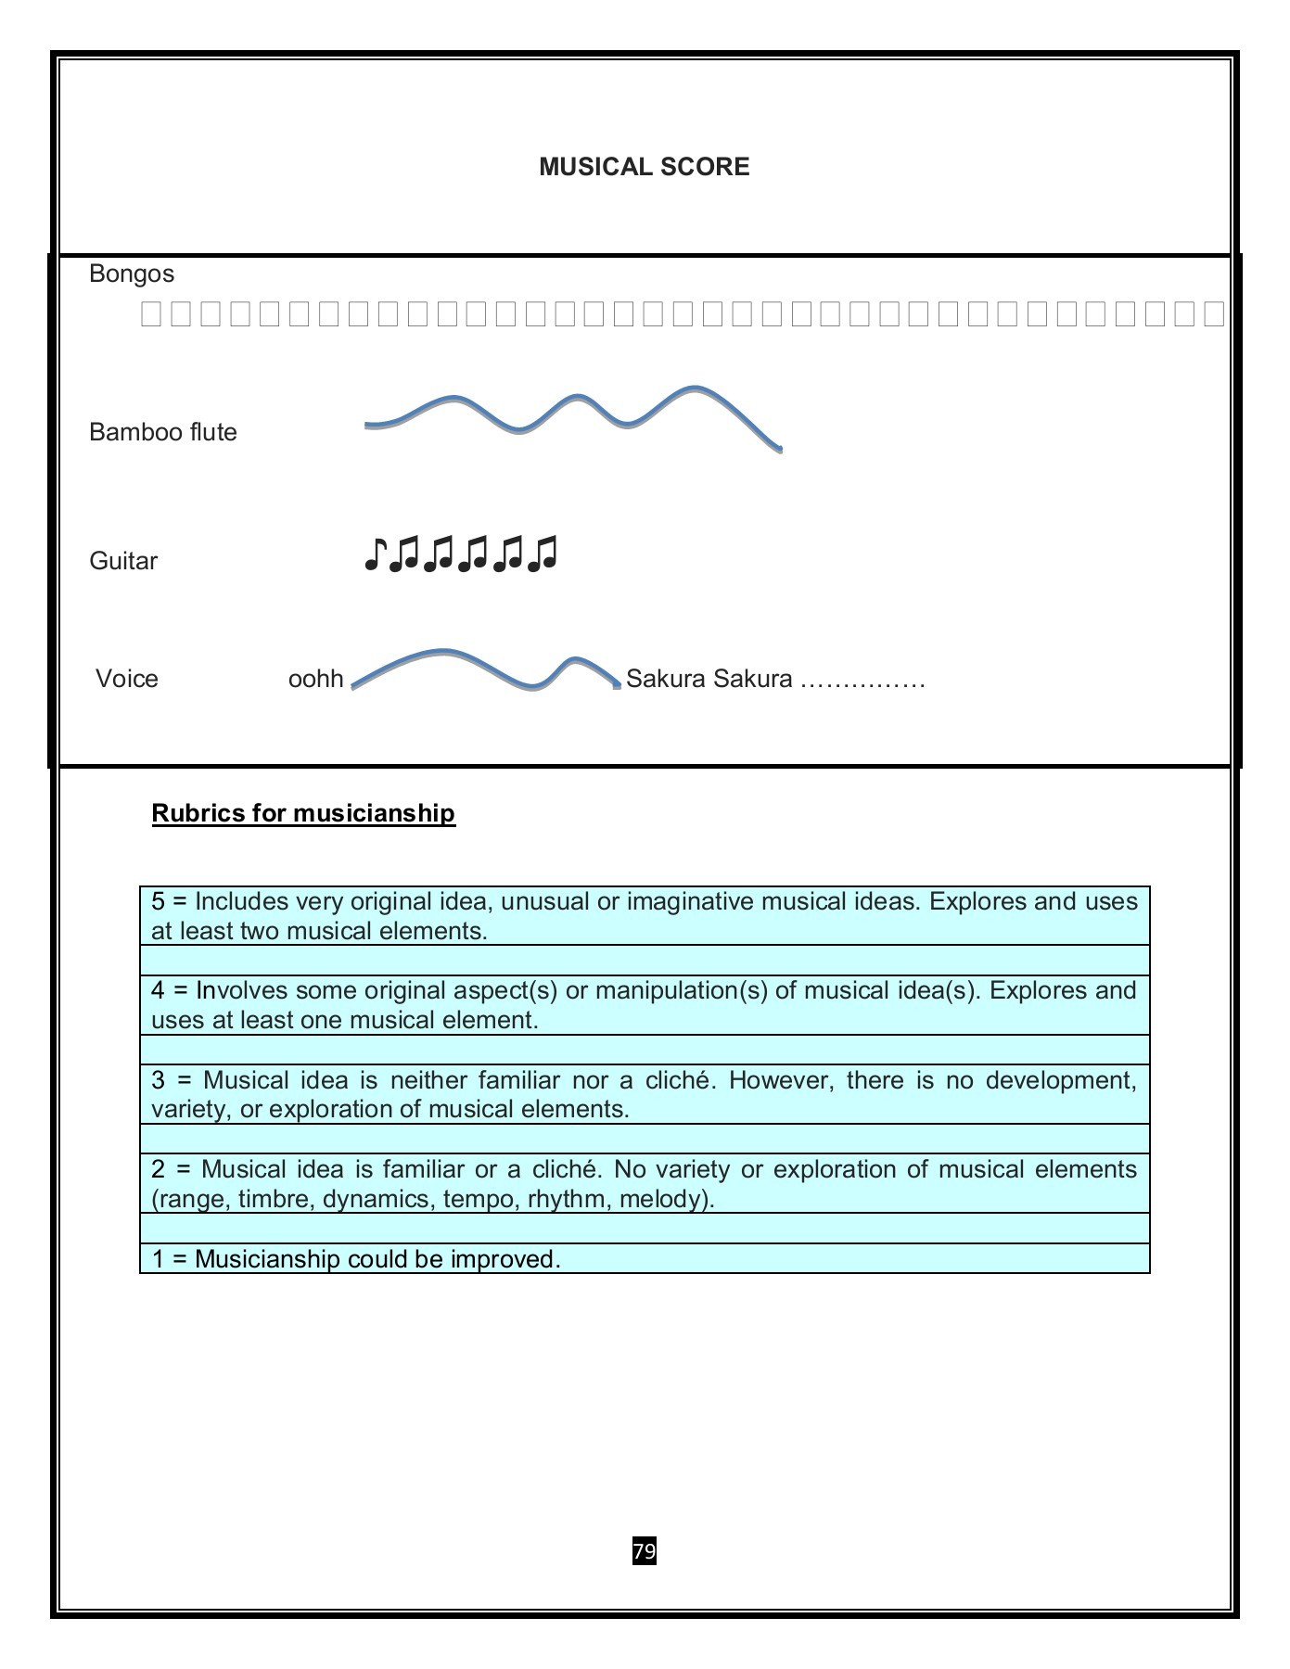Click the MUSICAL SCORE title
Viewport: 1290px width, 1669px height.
click(x=644, y=167)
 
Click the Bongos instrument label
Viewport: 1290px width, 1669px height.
click(x=132, y=274)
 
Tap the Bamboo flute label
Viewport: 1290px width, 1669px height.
click(x=162, y=432)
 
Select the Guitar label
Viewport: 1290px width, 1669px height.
click(x=123, y=561)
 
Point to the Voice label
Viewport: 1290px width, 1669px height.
click(x=126, y=679)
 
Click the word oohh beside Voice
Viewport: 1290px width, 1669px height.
click(x=315, y=679)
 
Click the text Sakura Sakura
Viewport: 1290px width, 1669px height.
click(x=709, y=679)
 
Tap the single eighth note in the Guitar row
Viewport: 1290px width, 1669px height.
click(x=374, y=554)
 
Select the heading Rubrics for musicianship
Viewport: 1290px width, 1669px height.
click(x=303, y=813)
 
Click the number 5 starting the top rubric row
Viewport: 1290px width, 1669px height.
click(x=158, y=901)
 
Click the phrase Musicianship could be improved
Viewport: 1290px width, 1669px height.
click(x=377, y=1259)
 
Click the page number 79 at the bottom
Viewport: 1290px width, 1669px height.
click(x=644, y=1550)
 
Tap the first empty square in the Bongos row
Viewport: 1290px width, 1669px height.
click(x=150, y=314)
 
